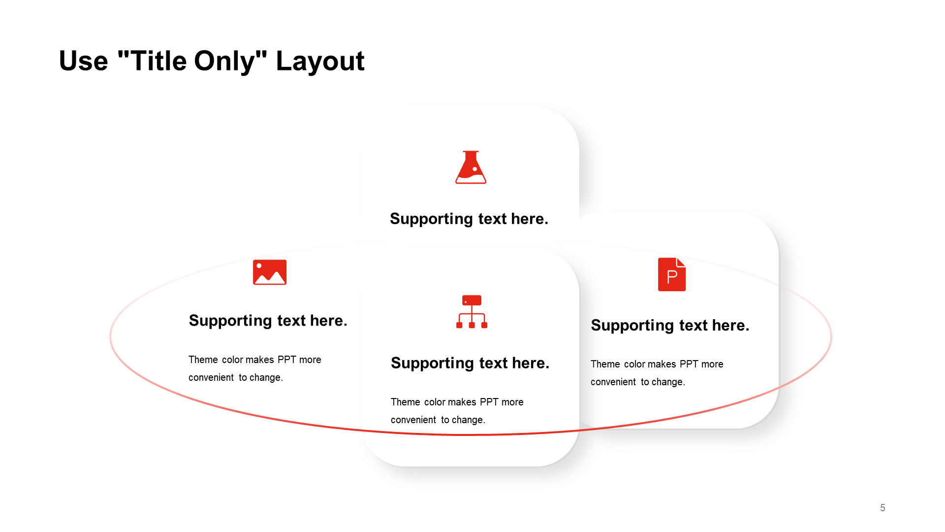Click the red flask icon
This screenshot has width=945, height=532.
[471, 167]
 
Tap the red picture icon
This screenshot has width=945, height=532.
[270, 272]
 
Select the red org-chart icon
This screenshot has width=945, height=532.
[472, 312]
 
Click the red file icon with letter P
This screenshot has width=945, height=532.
[672, 274]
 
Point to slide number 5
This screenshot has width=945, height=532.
[882, 508]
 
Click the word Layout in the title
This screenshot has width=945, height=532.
[320, 62]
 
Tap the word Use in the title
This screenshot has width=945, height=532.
[83, 61]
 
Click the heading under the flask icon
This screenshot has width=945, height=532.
[469, 219]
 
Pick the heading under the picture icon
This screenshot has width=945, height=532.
[268, 321]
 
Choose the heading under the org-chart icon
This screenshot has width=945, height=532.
[470, 363]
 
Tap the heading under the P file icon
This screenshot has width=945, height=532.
[670, 325]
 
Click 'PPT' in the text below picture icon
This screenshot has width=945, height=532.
[286, 360]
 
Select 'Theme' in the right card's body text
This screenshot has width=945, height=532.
[605, 364]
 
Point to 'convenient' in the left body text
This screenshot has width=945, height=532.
[211, 377]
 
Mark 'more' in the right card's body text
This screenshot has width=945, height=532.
[712, 365]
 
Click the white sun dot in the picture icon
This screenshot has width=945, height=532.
[259, 266]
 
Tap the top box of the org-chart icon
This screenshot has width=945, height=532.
[472, 300]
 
